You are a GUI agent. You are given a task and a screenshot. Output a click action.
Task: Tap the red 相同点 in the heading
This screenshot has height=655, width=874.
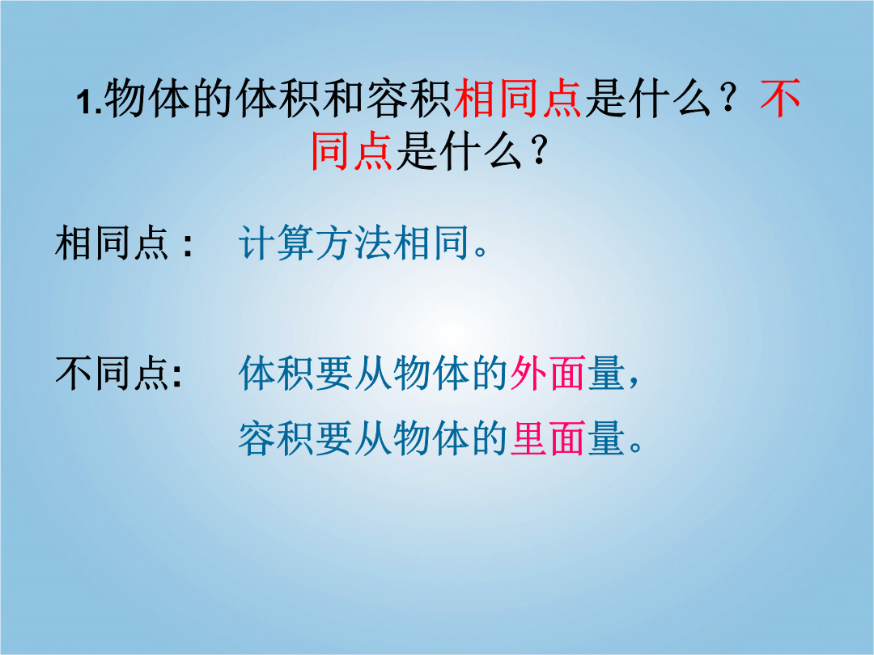click(x=518, y=99)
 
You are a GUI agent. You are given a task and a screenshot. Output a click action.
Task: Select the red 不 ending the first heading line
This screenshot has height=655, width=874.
click(x=780, y=99)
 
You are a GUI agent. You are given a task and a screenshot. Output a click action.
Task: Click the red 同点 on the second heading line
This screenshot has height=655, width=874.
click(x=352, y=150)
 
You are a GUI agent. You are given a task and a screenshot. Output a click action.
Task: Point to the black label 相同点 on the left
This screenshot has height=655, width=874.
click(x=112, y=243)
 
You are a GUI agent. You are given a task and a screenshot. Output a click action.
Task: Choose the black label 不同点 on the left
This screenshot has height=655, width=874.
click(x=112, y=373)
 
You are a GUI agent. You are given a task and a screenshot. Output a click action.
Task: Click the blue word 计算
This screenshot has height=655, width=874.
click(x=276, y=243)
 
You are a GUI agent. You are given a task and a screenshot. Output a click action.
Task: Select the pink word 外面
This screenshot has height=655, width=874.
click(x=547, y=373)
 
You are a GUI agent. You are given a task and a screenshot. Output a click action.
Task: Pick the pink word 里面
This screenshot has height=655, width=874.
click(x=547, y=438)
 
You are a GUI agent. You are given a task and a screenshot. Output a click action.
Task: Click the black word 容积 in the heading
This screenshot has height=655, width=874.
click(x=409, y=99)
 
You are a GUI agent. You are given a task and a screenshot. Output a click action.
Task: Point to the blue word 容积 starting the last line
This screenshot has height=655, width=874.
click(x=276, y=438)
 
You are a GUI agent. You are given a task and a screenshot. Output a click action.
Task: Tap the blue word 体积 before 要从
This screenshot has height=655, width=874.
click(x=276, y=373)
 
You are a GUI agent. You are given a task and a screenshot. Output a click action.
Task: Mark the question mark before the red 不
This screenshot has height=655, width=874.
click(x=729, y=100)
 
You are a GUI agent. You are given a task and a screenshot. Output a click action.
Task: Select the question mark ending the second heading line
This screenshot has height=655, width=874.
click(x=539, y=151)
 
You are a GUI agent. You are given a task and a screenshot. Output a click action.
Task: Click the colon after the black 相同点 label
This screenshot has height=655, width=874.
click(x=188, y=244)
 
